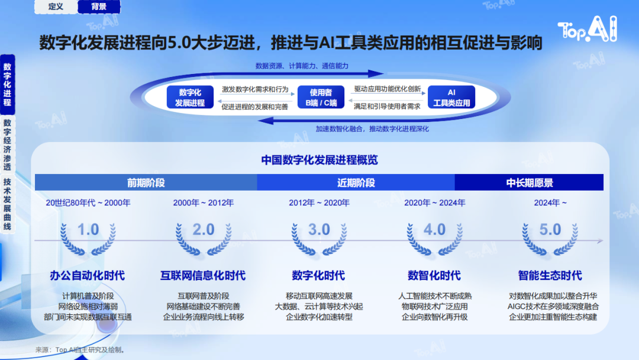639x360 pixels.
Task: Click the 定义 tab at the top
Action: pos(56,7)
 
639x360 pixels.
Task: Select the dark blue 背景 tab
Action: pos(99,7)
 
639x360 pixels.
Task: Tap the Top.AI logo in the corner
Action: pos(588,29)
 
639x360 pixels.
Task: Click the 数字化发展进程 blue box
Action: pos(190,97)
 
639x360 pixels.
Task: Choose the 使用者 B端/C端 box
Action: pos(321,97)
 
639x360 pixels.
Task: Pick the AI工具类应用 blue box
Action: pos(451,97)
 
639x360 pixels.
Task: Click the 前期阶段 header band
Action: pos(146,182)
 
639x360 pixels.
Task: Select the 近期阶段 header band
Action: pos(356,182)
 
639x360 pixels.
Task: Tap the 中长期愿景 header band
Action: pos(529,182)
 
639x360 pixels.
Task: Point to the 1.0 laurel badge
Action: pos(88,239)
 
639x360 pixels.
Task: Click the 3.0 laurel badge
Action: pos(319,239)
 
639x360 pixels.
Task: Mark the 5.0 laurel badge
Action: pos(550,239)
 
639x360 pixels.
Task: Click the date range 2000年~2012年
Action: pos(204,202)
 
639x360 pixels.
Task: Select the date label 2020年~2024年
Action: pos(434,202)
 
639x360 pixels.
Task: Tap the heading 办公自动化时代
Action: pos(87,275)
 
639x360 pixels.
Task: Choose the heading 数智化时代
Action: pos(434,275)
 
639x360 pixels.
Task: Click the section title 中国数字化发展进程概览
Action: pos(319,160)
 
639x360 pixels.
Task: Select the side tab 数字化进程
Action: pos(7,85)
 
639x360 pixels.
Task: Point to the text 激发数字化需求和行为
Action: pos(255,89)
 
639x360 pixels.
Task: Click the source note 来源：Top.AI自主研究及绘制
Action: pos(80,350)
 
